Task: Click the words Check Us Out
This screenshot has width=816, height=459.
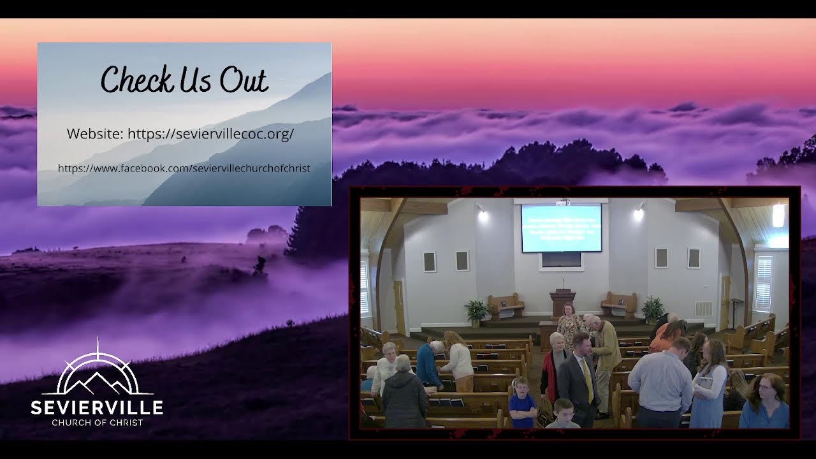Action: [x=184, y=80]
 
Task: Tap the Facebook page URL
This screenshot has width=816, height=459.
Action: [x=184, y=168]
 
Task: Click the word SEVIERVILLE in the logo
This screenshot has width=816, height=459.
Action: [x=97, y=407]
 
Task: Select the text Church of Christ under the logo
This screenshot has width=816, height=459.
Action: [x=97, y=422]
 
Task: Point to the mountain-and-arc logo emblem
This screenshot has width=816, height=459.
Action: [x=97, y=373]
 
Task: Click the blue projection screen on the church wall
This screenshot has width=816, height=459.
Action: [x=561, y=228]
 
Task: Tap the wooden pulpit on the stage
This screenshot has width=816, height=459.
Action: [x=562, y=303]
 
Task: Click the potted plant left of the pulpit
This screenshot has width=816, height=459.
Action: [x=476, y=311]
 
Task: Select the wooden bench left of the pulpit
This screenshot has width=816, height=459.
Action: [x=506, y=305]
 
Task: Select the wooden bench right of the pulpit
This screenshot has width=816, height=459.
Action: [x=618, y=304]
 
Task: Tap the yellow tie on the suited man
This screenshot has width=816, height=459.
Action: [x=588, y=381]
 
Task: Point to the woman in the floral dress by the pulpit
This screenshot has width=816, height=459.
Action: [x=570, y=324]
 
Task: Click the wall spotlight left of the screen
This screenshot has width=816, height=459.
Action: [x=482, y=214]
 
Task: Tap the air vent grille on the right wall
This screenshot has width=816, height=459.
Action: [x=704, y=309]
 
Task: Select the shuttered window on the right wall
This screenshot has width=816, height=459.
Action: [x=763, y=283]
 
